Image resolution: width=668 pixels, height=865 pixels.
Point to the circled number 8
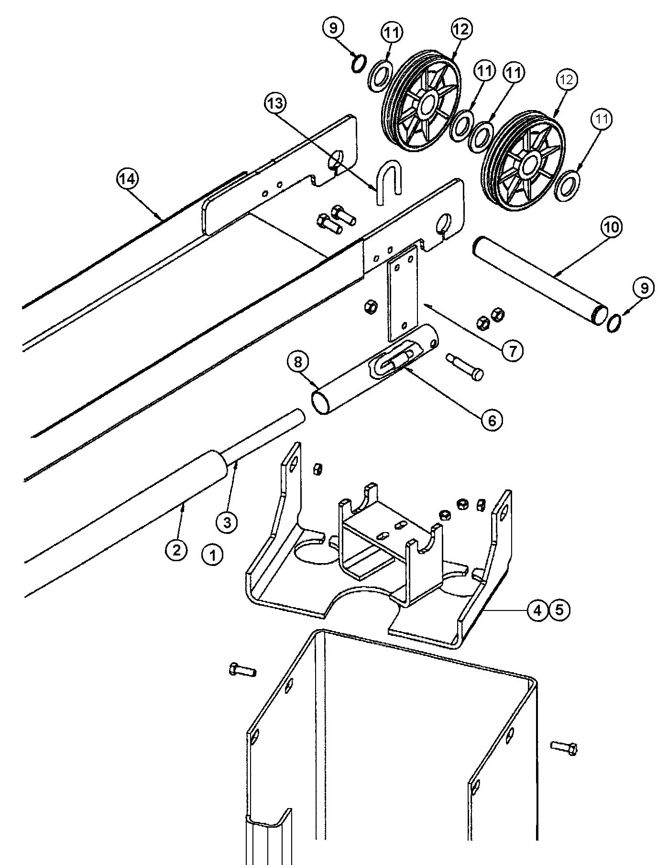pyautogui.click(x=298, y=362)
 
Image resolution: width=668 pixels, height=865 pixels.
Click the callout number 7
pyautogui.click(x=512, y=351)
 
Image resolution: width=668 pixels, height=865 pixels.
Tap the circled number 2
pyautogui.click(x=176, y=550)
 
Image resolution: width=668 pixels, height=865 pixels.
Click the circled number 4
pyautogui.click(x=537, y=610)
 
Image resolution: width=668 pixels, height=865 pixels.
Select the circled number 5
pyautogui.click(x=560, y=610)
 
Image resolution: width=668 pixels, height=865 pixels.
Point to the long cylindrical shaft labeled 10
pyautogui.click(x=540, y=280)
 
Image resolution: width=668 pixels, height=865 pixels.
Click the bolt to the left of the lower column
pyautogui.click(x=242, y=670)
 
